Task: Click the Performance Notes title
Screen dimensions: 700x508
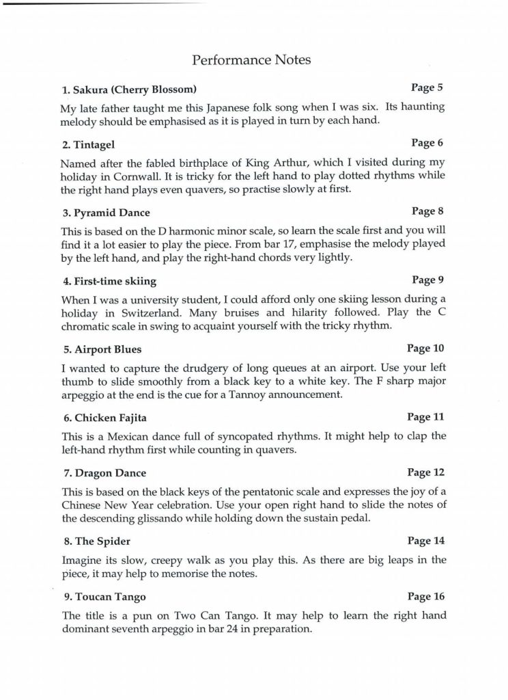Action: tap(252, 60)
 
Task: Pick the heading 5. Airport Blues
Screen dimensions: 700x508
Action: tap(101, 349)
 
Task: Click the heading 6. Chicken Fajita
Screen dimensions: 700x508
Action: tap(104, 418)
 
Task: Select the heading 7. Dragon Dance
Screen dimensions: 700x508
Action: tap(103, 473)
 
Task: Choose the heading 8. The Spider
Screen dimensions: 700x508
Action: tap(96, 541)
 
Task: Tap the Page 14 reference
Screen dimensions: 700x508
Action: tap(425, 541)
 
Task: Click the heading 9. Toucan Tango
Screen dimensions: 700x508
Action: tap(103, 596)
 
